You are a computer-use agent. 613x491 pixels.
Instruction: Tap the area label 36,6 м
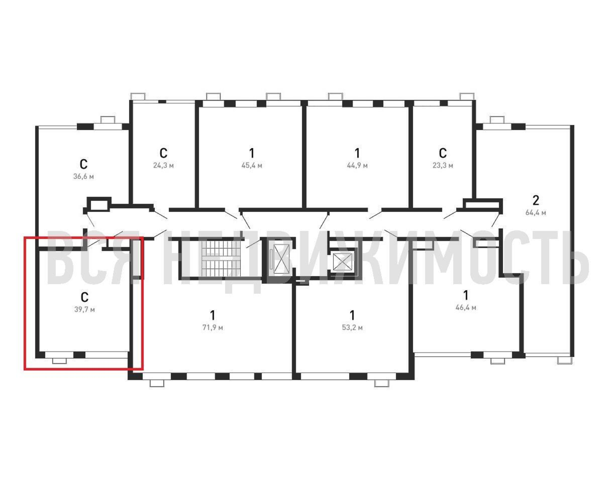(84, 177)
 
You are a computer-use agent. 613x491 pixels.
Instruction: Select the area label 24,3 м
(163, 165)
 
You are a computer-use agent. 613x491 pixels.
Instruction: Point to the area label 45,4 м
(252, 165)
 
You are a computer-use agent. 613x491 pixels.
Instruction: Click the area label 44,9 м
(357, 165)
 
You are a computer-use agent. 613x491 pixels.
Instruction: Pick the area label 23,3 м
(443, 165)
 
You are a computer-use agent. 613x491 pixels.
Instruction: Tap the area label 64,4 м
(536, 213)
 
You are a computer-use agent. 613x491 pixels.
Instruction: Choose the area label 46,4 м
(466, 307)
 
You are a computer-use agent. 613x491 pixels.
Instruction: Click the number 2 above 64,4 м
(536, 201)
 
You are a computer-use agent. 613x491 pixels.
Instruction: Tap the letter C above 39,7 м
(85, 297)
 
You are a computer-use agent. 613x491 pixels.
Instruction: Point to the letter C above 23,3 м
(443, 153)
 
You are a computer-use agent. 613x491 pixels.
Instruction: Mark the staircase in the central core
(221, 258)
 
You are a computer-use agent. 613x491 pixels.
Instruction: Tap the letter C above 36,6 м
(84, 164)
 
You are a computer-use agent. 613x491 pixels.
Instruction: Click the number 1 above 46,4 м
(466, 296)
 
